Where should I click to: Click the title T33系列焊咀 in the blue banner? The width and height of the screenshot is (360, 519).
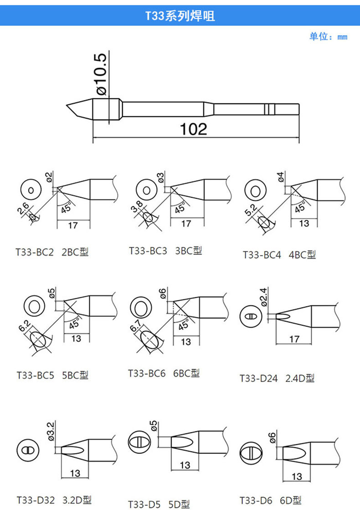[x=180, y=15]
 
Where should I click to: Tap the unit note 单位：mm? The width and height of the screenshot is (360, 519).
[x=328, y=36]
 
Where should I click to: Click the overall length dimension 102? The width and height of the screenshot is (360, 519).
[x=193, y=129]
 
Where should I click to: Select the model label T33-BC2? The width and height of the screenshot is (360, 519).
[x=35, y=252]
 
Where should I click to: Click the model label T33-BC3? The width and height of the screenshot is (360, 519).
[x=148, y=251]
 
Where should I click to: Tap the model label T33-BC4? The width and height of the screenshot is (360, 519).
[x=262, y=255]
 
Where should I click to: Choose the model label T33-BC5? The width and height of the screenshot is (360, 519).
[x=35, y=375]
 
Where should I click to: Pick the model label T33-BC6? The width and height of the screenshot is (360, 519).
[x=147, y=373]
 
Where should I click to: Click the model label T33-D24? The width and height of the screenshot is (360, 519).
[x=259, y=378]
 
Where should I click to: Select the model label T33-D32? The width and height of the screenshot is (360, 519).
[x=36, y=500]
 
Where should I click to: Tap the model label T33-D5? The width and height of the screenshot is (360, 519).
[x=144, y=504]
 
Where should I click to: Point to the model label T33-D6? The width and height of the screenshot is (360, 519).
[x=256, y=500]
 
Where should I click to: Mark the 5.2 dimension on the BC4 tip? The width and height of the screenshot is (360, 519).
[x=251, y=210]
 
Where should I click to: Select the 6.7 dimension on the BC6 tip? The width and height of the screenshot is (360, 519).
[x=135, y=326]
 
